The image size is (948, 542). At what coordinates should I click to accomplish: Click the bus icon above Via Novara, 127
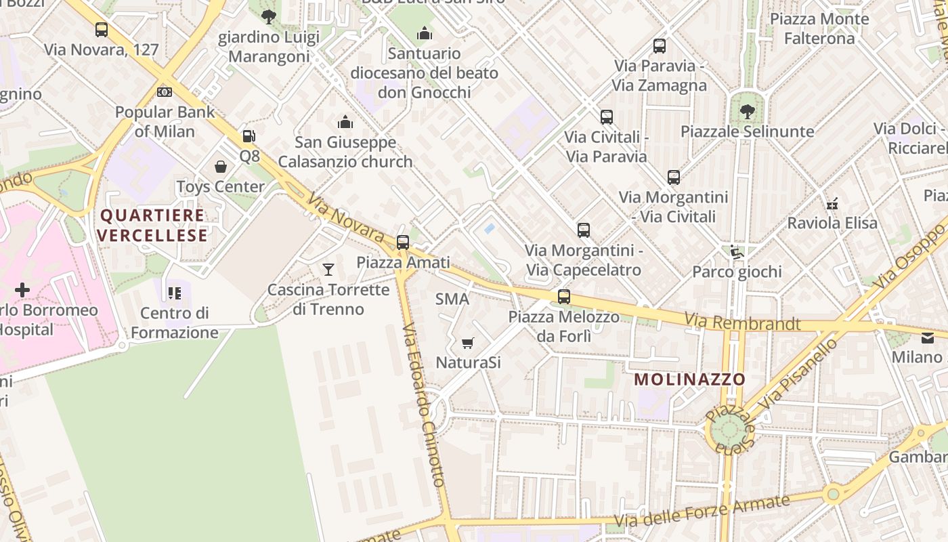tap(101, 30)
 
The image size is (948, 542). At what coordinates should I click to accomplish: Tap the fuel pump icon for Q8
tap(249, 136)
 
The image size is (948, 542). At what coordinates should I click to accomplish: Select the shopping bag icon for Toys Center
tap(221, 167)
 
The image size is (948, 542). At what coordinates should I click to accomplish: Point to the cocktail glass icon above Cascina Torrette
tap(328, 270)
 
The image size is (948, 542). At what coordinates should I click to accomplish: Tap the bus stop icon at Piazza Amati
tap(403, 242)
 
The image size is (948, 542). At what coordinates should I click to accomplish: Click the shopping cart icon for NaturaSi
tap(467, 343)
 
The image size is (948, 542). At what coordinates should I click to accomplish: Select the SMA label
tap(452, 299)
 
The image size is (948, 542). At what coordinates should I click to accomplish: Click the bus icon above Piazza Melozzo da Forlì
tap(563, 297)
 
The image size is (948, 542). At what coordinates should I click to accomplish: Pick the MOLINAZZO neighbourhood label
tap(690, 379)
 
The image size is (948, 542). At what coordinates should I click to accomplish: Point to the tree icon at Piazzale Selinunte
tap(747, 111)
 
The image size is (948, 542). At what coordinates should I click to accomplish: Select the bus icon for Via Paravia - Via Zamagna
tap(660, 46)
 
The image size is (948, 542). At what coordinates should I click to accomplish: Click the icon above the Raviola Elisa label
tap(832, 203)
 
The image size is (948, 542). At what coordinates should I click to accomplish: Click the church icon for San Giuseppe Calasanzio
tap(345, 123)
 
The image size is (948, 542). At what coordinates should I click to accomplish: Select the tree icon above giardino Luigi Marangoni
tap(269, 17)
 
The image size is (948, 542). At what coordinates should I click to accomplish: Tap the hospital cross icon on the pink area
tap(22, 290)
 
